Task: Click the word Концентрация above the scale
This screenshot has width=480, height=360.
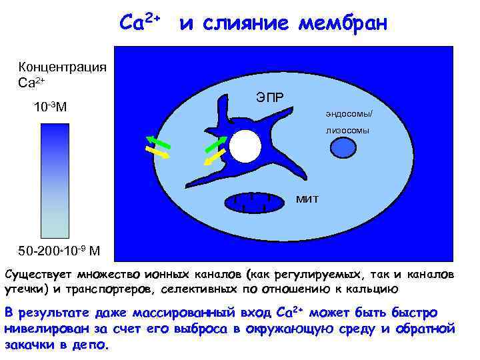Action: (63, 67)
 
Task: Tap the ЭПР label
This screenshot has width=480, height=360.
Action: (269, 97)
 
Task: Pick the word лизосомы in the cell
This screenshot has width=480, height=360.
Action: (347, 130)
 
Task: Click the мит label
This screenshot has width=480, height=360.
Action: (308, 198)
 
